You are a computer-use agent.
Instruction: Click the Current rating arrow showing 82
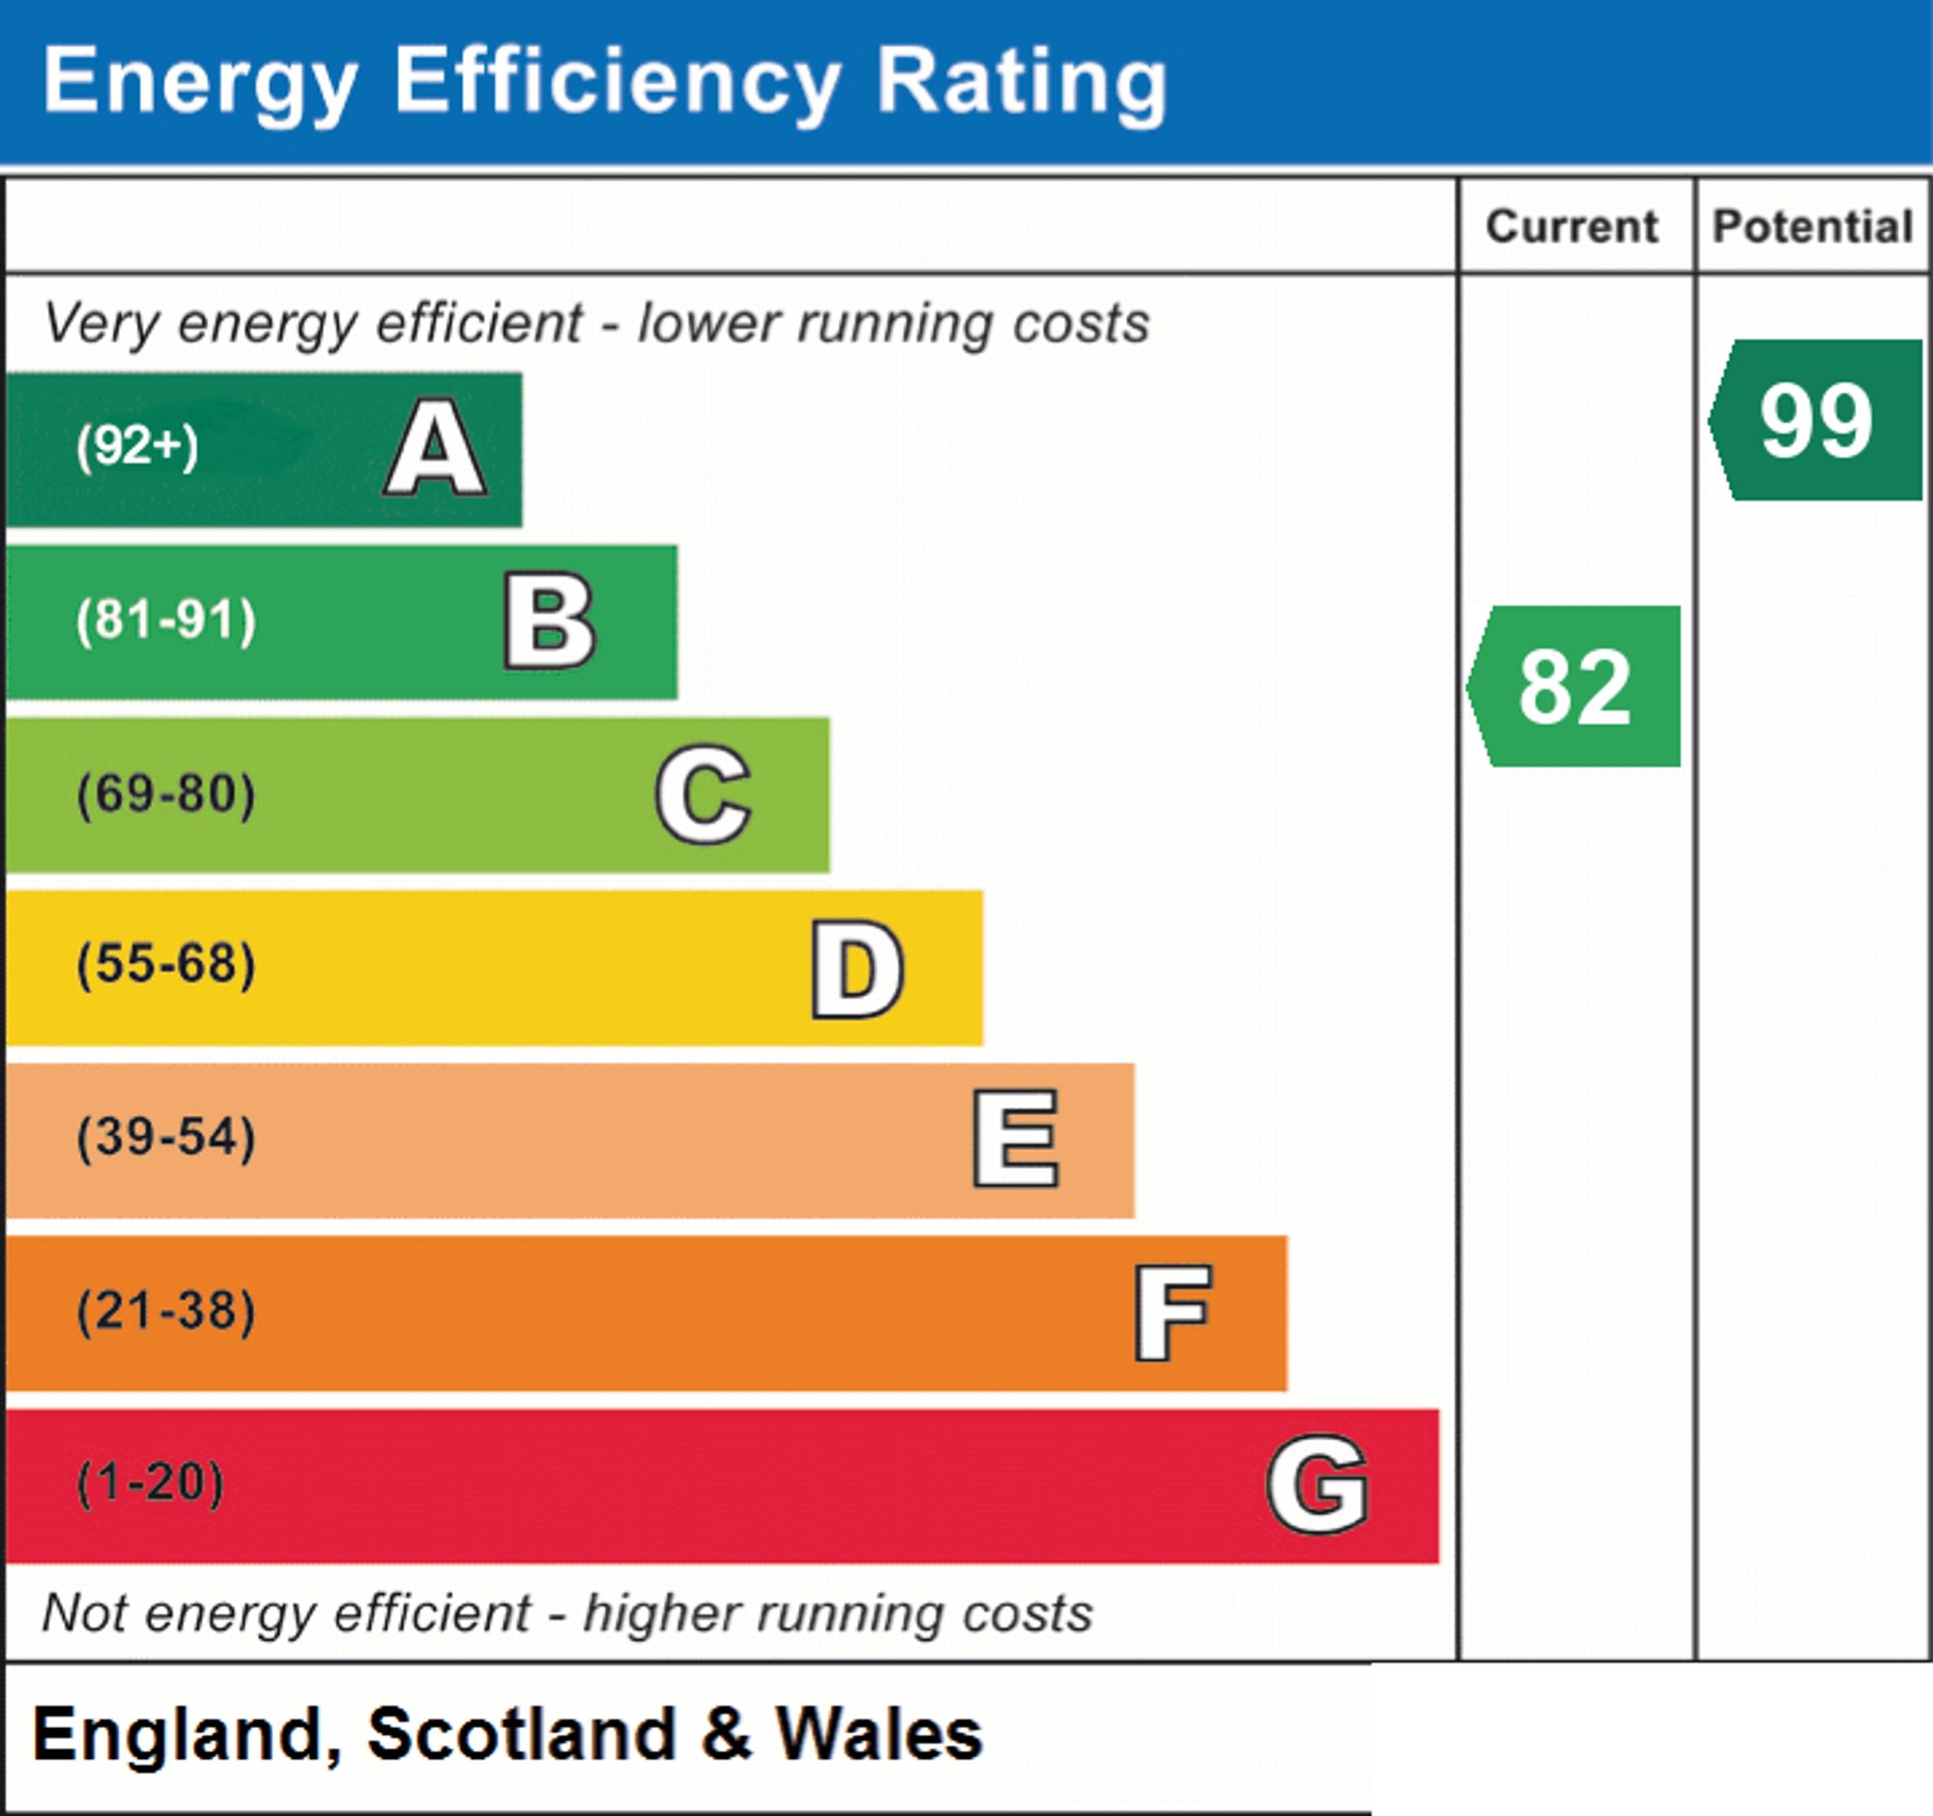[1573, 686]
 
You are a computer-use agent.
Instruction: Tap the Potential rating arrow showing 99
[1815, 420]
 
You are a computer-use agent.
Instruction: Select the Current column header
[1572, 226]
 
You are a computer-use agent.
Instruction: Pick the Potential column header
[1813, 226]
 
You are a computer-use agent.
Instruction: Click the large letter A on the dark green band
[436, 448]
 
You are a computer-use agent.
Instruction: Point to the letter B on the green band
[549, 622]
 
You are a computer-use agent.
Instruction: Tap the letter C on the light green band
[703, 794]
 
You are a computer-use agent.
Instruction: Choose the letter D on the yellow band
[857, 969]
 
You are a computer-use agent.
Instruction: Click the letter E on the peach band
[1015, 1138]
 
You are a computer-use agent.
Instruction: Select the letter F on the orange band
[1172, 1312]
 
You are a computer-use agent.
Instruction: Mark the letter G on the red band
[1317, 1484]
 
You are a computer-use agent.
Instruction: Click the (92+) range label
[137, 447]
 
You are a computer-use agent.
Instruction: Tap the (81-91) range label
[166, 621]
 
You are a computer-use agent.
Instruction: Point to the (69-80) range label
[166, 794]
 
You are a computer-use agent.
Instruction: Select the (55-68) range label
[166, 965]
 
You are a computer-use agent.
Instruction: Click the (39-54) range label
[166, 1138]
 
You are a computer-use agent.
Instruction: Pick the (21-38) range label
[166, 1310]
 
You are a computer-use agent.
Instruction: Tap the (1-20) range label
[150, 1483]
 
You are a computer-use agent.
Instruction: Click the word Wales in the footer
[879, 1735]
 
